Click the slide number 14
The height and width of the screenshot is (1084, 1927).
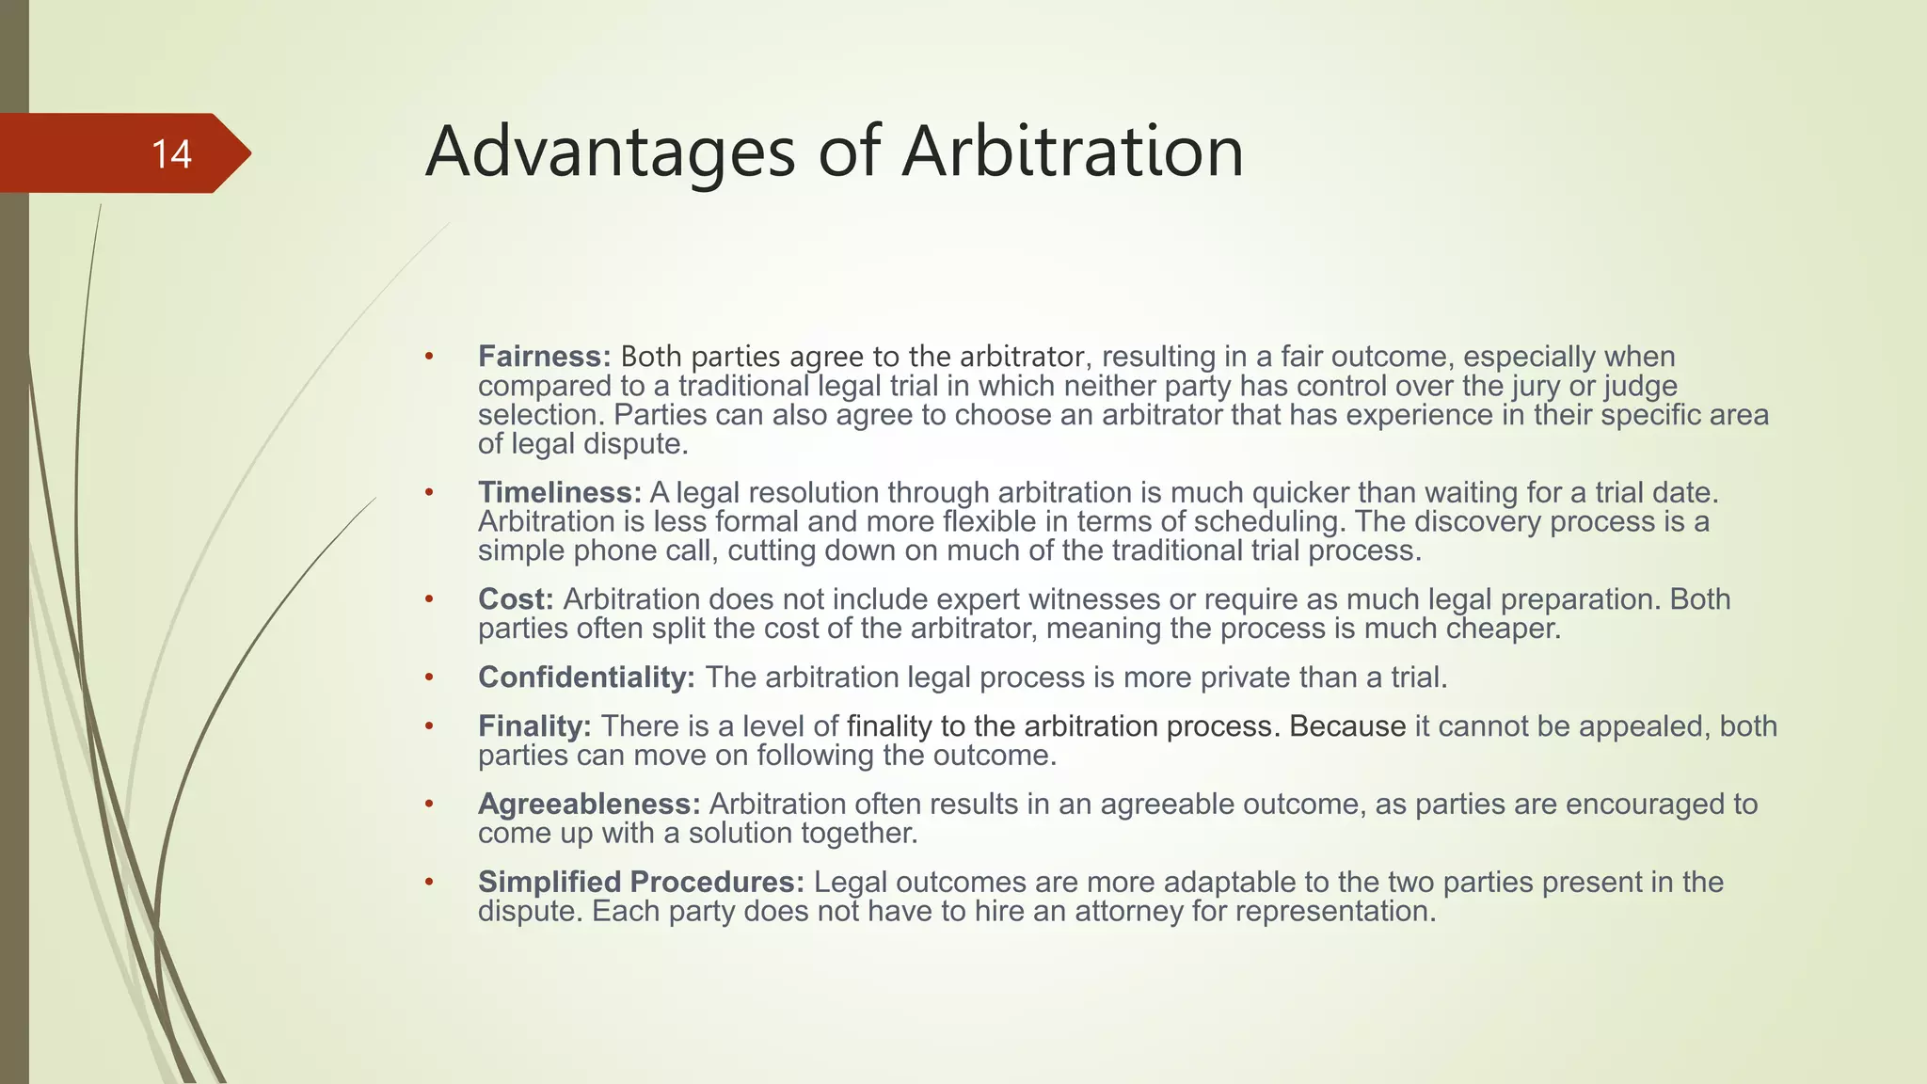coord(171,154)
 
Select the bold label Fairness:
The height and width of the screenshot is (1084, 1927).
coord(545,357)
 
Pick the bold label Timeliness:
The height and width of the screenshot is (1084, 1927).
coord(560,492)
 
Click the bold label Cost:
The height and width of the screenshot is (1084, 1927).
coord(516,598)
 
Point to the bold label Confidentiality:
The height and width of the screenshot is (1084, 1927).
coord(586,677)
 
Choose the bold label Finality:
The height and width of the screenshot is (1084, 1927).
coord(534,725)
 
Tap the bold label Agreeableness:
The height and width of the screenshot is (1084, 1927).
coord(589,804)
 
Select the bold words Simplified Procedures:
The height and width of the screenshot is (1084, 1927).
coord(641,882)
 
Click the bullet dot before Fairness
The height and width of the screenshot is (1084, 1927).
coord(429,357)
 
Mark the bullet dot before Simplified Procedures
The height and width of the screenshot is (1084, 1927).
coord(429,882)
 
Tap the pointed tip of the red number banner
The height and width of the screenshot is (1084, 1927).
coord(249,153)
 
